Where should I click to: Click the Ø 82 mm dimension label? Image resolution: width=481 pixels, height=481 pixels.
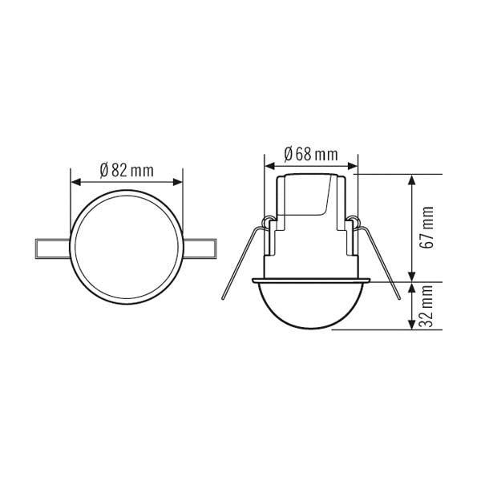click(x=127, y=170)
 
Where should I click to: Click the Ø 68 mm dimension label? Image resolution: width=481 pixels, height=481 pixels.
click(x=311, y=154)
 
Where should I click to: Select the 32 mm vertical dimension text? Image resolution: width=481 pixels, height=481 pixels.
click(x=427, y=306)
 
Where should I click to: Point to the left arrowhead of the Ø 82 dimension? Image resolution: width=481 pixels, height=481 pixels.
click(x=76, y=182)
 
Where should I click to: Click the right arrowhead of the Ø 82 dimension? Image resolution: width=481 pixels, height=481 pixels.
click(x=178, y=182)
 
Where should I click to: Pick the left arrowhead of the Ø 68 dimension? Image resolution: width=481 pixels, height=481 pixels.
click(x=269, y=166)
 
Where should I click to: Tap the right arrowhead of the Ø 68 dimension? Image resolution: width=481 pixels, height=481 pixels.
click(x=353, y=166)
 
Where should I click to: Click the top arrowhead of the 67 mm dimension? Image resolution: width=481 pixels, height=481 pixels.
click(x=412, y=180)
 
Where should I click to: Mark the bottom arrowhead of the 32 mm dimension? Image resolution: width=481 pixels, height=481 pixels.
click(x=412, y=324)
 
